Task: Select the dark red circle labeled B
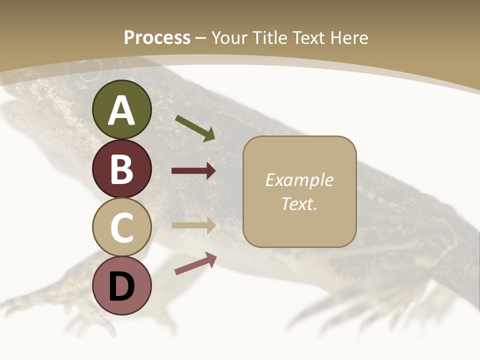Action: [x=121, y=168]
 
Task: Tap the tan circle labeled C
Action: [x=121, y=227]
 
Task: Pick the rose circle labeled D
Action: [x=121, y=286]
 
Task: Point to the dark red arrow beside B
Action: [x=193, y=171]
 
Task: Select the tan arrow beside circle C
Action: [x=193, y=225]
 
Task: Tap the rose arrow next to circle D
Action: [x=195, y=263]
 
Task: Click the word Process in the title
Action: [x=157, y=37]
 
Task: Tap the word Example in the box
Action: [x=299, y=180]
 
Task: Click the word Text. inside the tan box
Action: [x=299, y=203]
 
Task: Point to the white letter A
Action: [x=121, y=111]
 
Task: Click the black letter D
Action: [x=121, y=287]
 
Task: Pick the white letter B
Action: [x=121, y=169]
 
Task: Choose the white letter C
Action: [x=121, y=228]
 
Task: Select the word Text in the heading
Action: [x=308, y=37]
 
